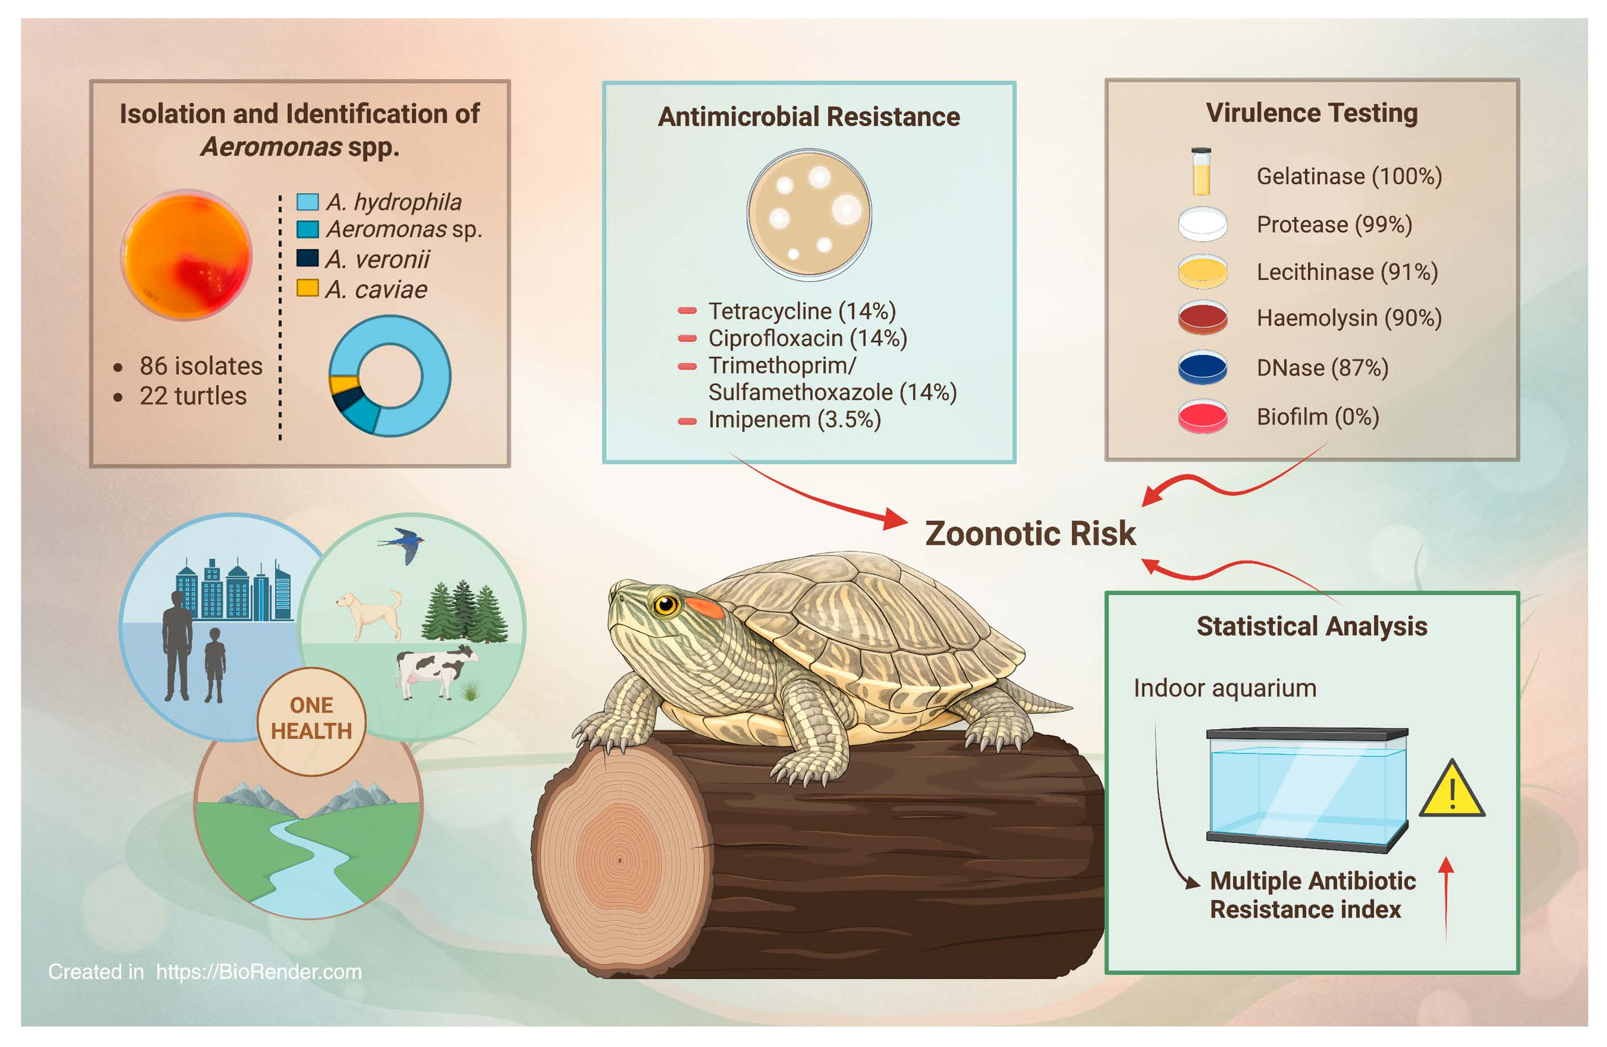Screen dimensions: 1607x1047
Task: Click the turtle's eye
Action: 666,604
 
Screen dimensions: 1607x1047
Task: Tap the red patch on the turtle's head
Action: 706,607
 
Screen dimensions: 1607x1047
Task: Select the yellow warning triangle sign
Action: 1452,789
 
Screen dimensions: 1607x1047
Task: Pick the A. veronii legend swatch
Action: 307,258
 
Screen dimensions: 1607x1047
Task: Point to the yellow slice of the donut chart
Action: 344,384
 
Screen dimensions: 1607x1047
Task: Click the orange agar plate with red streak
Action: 186,254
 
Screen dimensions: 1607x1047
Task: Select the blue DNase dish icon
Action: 1203,366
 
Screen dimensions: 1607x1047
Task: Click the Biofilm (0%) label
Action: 1317,417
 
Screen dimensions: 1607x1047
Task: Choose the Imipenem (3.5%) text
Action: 794,419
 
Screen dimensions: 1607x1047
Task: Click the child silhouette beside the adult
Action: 215,665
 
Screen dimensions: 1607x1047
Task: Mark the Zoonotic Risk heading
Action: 1030,533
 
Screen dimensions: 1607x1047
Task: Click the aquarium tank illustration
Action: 1306,789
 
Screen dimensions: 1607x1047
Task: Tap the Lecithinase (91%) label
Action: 1347,271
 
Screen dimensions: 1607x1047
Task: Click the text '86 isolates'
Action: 200,365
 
